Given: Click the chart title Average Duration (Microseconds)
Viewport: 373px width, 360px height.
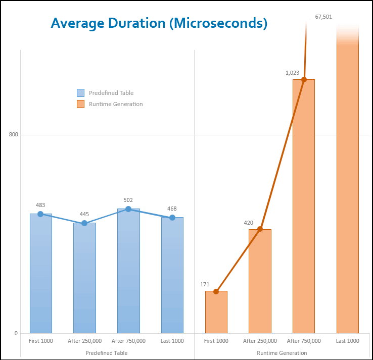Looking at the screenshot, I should (159, 23).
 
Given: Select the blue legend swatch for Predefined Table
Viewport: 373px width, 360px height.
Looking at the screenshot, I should (80, 93).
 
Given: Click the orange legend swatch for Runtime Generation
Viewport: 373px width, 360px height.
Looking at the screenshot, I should (80, 104).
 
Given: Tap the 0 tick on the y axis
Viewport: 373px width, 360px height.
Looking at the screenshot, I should (16, 333).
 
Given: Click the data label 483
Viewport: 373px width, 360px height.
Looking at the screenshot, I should (40, 205).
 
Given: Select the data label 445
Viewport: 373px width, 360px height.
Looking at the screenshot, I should (84, 214).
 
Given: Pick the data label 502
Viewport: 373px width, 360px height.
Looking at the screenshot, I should (128, 200).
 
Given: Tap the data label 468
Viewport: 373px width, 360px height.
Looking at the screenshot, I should (172, 209).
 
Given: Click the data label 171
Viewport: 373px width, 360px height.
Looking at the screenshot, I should (205, 284).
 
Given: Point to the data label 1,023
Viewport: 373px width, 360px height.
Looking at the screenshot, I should (293, 73).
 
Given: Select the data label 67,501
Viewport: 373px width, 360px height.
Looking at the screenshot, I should (323, 17).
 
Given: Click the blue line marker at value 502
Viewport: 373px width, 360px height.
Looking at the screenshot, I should (128, 209).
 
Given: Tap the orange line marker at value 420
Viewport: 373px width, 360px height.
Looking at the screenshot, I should (260, 229).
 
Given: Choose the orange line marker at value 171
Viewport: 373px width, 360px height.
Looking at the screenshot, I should (216, 291).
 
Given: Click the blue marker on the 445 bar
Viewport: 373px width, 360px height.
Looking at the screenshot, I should (84, 223).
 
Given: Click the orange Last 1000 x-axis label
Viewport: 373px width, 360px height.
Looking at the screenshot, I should (347, 341).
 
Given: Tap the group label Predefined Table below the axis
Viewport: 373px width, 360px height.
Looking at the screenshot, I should (106, 353).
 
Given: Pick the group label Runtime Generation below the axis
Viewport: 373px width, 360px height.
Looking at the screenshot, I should (282, 353).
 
